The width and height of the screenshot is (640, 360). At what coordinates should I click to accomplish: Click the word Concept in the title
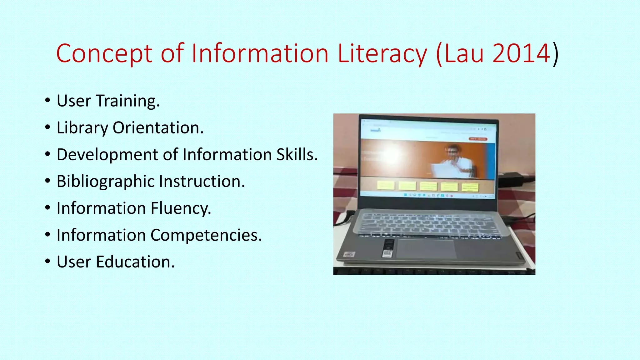[104, 54]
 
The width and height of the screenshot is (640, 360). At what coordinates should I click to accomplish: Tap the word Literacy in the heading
[382, 54]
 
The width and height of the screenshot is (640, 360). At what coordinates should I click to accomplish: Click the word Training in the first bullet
[127, 101]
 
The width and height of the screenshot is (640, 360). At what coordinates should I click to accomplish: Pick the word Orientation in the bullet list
[158, 128]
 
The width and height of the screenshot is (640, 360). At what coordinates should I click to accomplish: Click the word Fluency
[181, 208]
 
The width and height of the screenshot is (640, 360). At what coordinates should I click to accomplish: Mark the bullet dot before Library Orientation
[47, 127]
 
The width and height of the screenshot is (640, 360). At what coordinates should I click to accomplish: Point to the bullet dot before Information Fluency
[47, 208]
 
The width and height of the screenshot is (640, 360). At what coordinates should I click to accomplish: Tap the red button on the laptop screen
[478, 139]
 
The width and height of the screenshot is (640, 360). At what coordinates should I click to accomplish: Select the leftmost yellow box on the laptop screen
[386, 185]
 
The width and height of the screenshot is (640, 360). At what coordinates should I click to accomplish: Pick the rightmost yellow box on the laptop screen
[470, 187]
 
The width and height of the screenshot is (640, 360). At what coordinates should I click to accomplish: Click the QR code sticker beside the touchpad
[387, 253]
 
